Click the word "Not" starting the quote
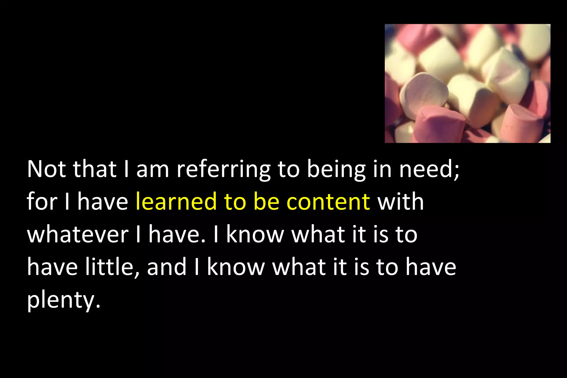pos(46,169)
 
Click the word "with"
pos(401,202)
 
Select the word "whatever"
pos(78,235)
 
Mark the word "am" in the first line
pos(153,170)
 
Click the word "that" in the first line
pos(94,169)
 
